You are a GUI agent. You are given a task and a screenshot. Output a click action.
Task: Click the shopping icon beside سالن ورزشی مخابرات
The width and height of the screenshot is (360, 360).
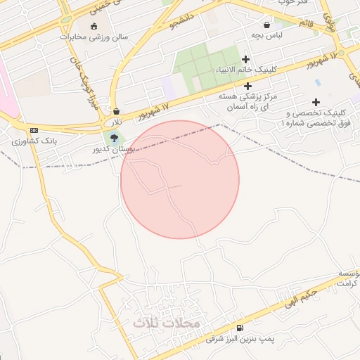tap(94, 26)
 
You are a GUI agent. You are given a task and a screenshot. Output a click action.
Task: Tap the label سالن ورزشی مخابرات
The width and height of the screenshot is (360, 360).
tap(93, 37)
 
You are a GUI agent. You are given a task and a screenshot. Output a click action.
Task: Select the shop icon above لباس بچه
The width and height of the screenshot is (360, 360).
tap(267, 24)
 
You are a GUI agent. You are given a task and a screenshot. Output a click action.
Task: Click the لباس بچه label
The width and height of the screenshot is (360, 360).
tap(268, 34)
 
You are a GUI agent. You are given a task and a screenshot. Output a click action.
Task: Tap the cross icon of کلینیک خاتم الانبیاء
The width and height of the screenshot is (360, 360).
tap(245, 60)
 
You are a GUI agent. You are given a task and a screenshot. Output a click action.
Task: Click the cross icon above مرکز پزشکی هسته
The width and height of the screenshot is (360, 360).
tap(248, 85)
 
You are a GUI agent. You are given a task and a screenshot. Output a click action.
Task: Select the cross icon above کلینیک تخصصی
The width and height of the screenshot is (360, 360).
tap(316, 102)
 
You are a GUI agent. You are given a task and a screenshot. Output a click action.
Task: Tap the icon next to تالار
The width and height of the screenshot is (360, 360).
tap(117, 111)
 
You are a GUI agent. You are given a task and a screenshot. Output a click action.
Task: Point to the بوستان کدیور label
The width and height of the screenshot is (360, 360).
tap(112, 150)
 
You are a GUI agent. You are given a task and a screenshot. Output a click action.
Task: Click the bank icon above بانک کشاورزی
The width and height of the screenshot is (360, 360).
tap(33, 131)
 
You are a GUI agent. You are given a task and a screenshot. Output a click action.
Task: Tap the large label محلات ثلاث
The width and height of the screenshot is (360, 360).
tap(167, 323)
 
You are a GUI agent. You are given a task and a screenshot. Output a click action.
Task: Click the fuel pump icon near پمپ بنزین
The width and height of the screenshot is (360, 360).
tap(240, 328)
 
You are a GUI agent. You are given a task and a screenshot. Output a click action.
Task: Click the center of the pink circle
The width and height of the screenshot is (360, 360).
tap(180, 179)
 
